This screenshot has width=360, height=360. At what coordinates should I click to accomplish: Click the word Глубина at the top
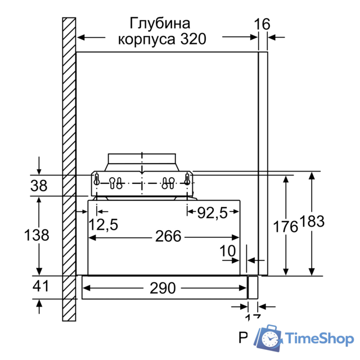[160, 24]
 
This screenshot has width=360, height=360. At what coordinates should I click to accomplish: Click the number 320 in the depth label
[192, 39]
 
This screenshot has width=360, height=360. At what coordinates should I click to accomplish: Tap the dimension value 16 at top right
[262, 24]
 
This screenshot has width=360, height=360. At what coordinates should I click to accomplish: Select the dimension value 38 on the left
[39, 186]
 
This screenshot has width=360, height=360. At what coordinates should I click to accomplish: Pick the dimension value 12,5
[103, 224]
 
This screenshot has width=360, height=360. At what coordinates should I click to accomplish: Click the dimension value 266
[168, 236]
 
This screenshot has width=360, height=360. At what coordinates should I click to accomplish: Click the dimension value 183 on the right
[312, 222]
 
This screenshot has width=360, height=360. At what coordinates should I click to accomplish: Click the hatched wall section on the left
[69, 169]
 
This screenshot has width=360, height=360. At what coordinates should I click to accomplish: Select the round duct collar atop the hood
[143, 159]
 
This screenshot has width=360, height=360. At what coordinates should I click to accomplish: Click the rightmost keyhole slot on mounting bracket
[187, 181]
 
